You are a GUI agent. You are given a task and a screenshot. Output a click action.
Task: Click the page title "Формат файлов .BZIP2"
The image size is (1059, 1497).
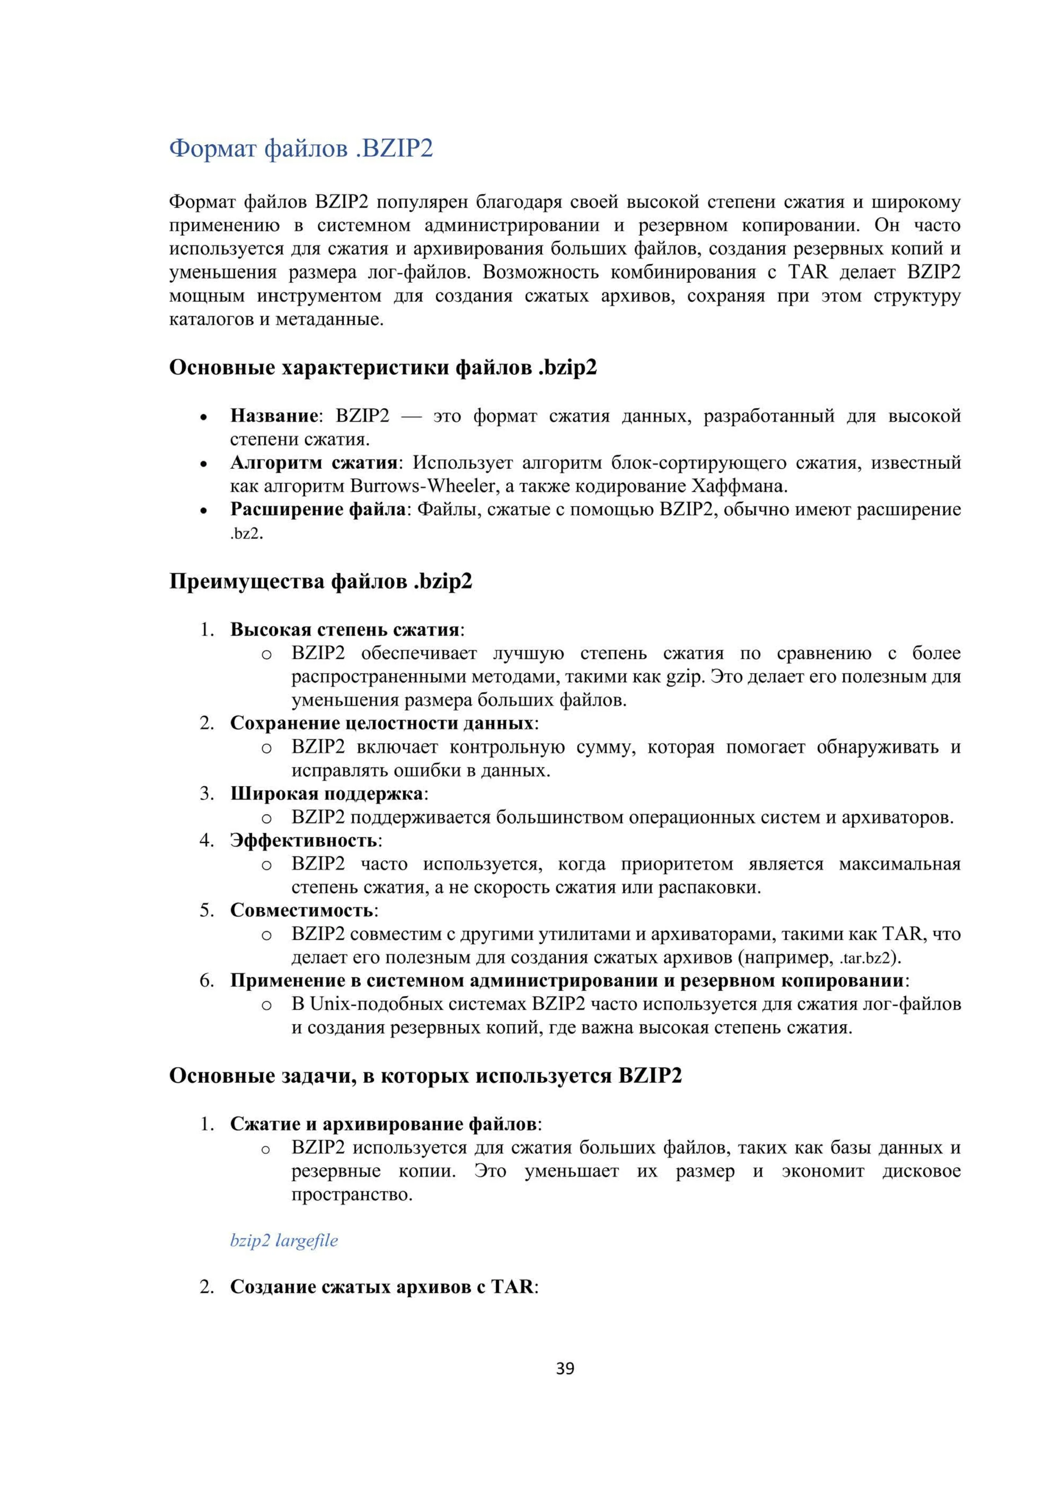301,149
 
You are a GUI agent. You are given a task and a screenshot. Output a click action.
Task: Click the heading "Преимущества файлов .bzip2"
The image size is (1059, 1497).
320,581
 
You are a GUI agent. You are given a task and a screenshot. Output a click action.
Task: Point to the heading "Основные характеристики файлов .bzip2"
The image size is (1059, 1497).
383,367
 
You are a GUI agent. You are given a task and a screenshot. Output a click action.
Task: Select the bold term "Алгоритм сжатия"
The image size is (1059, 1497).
314,462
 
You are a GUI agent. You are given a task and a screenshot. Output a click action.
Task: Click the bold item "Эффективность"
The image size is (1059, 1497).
303,841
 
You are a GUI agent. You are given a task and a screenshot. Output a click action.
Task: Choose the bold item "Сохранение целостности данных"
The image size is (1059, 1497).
382,723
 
